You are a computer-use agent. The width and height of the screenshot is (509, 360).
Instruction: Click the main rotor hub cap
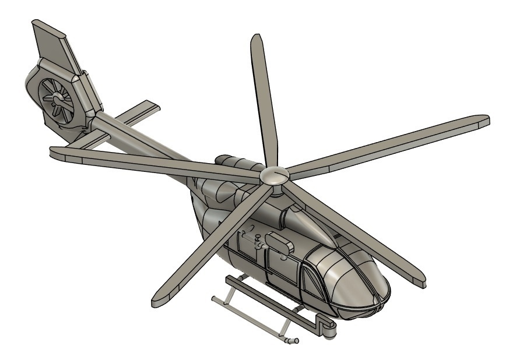coord(273,175)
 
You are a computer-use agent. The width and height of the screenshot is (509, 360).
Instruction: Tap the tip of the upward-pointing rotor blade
coord(257,41)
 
